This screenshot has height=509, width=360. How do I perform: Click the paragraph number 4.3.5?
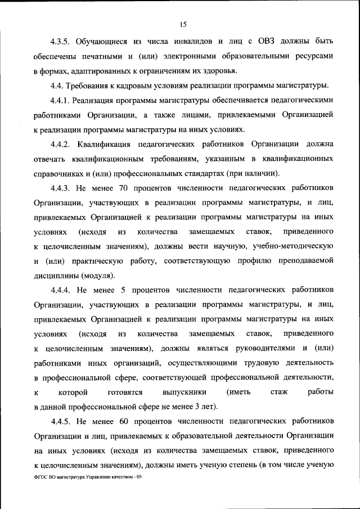click(x=60, y=42)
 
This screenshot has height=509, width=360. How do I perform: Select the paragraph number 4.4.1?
click(x=60, y=100)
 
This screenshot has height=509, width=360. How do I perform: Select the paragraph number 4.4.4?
click(x=60, y=290)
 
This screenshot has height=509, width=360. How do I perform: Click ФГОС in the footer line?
click(x=41, y=477)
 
